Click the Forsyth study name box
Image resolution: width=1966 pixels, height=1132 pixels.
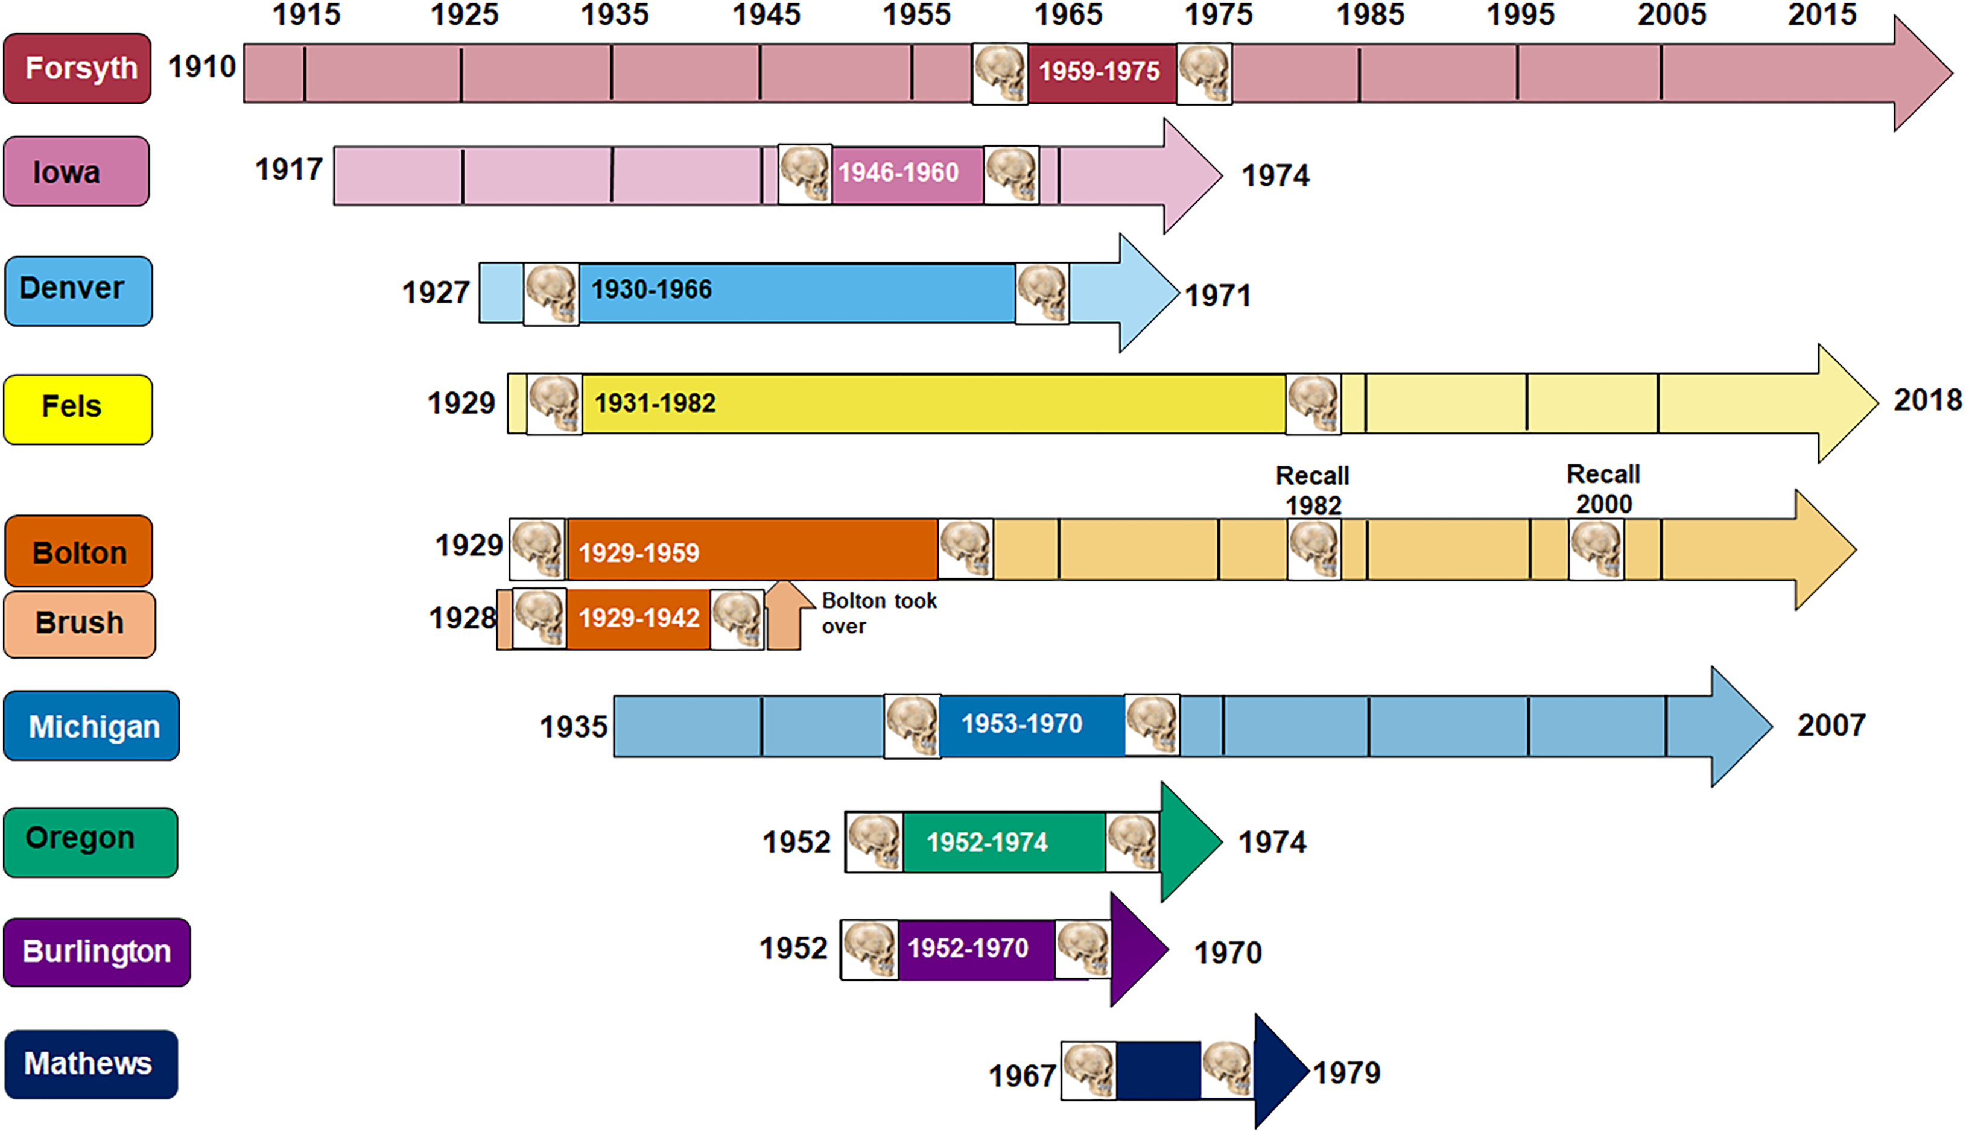[x=77, y=68]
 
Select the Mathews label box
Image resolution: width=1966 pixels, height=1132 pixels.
[x=91, y=1064]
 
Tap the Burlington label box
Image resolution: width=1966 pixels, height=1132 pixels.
[x=97, y=952]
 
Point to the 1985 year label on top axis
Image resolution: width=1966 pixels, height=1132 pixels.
[x=1371, y=14]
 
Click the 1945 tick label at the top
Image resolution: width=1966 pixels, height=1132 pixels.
[x=766, y=14]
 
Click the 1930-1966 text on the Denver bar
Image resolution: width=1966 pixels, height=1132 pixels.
[x=652, y=289]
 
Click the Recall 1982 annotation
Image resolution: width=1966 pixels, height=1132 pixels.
[x=1313, y=490]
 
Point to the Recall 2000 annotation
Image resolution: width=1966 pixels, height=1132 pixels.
[x=1603, y=489]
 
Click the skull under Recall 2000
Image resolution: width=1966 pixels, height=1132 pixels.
[x=1596, y=549]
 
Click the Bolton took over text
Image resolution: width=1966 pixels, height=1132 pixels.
[x=879, y=613]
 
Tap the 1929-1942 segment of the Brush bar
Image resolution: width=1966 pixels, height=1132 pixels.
[x=638, y=619]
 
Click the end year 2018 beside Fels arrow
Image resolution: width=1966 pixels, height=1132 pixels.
[x=1927, y=400]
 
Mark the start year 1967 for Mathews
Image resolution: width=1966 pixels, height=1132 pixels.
[x=1022, y=1076]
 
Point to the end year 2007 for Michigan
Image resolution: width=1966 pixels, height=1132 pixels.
[x=1831, y=726]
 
